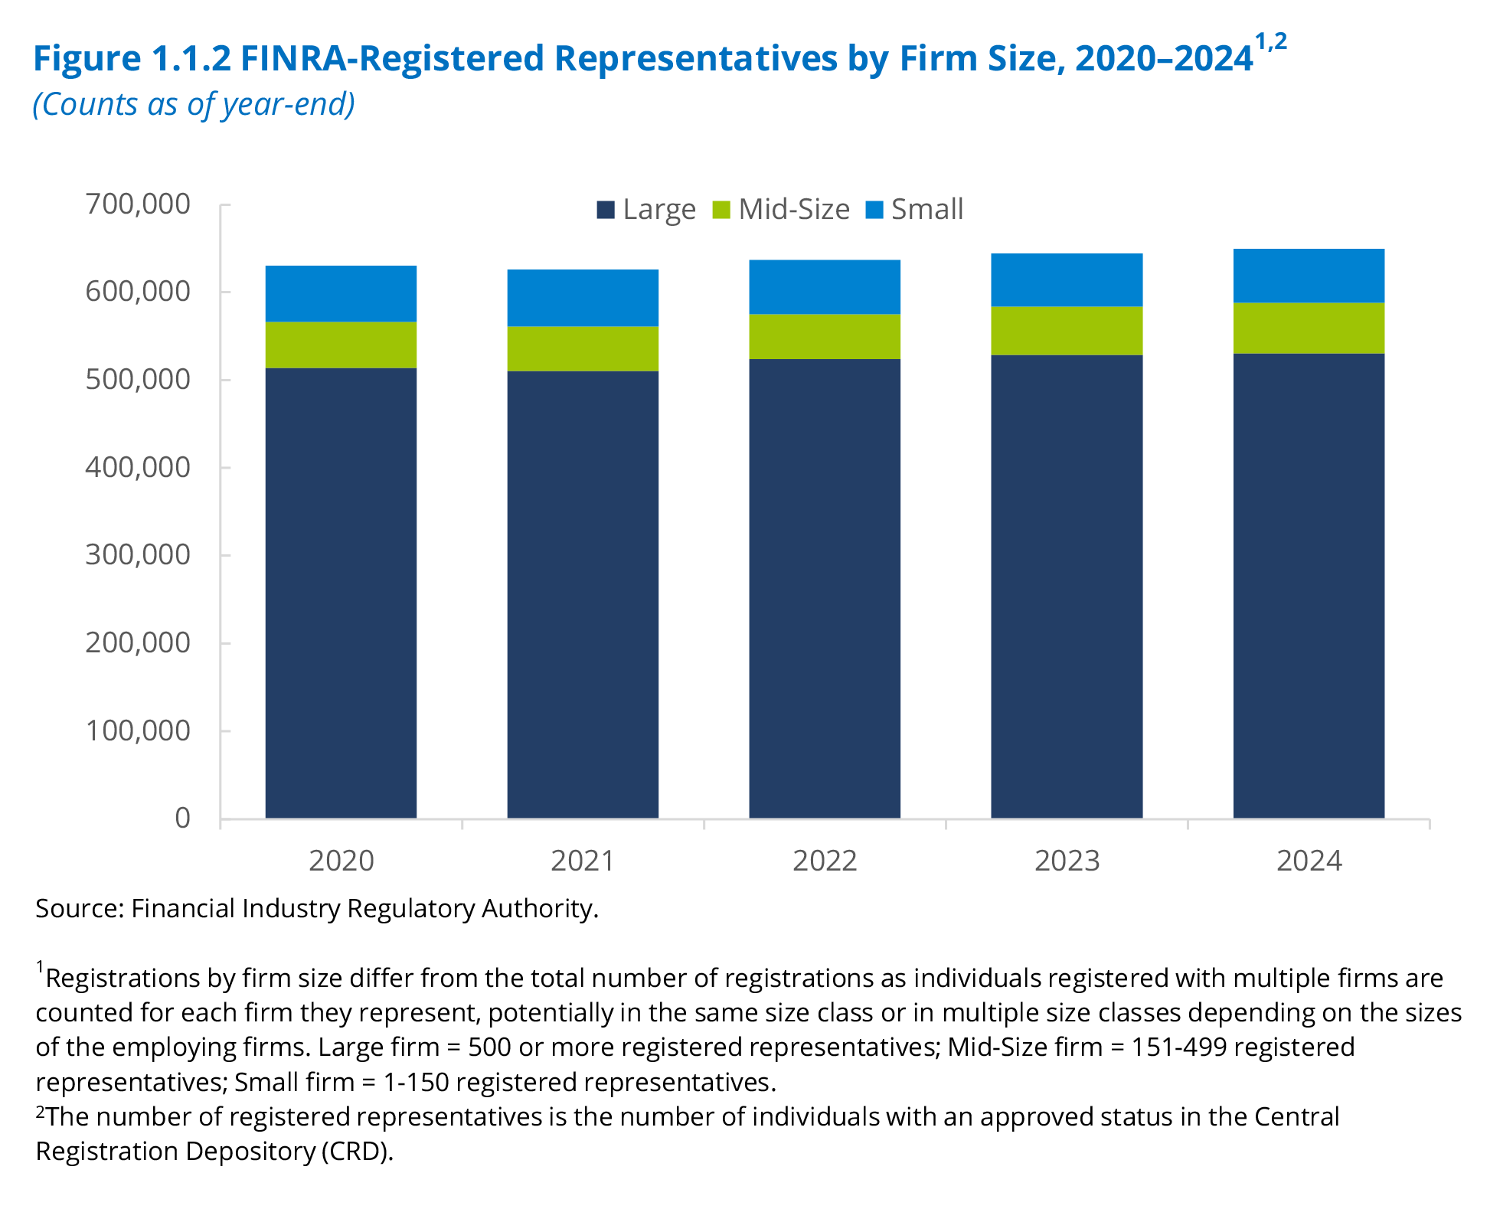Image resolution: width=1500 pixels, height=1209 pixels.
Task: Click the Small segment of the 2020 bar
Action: [x=341, y=293]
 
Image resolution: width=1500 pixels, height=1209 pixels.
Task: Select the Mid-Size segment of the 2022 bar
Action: [x=824, y=336]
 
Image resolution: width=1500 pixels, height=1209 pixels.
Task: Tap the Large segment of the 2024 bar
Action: [x=1308, y=585]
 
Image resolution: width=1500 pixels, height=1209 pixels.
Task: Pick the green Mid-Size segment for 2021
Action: [x=583, y=348]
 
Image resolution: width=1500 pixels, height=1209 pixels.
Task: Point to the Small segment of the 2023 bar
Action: [x=1066, y=279]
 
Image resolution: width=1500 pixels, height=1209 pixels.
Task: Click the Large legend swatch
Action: [x=606, y=209]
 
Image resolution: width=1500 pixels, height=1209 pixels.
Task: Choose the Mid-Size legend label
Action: [x=794, y=209]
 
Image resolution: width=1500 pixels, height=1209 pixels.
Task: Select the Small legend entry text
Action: [x=926, y=209]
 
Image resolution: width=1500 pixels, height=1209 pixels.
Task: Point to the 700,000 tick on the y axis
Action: [x=138, y=204]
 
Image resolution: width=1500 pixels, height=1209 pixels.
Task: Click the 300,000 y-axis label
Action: [x=138, y=554]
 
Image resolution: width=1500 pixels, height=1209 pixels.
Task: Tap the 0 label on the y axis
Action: [x=182, y=818]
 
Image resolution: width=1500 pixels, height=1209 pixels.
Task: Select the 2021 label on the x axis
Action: [x=583, y=861]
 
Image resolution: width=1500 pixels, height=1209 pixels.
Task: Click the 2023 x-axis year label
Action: [x=1066, y=861]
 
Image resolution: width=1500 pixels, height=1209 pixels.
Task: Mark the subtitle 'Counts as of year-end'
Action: [x=194, y=104]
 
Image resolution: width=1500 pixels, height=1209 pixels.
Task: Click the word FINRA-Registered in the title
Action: [x=392, y=58]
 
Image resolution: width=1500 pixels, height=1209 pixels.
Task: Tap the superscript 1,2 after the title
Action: [x=1270, y=42]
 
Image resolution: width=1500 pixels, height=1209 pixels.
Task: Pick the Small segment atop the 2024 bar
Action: [x=1308, y=276]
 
